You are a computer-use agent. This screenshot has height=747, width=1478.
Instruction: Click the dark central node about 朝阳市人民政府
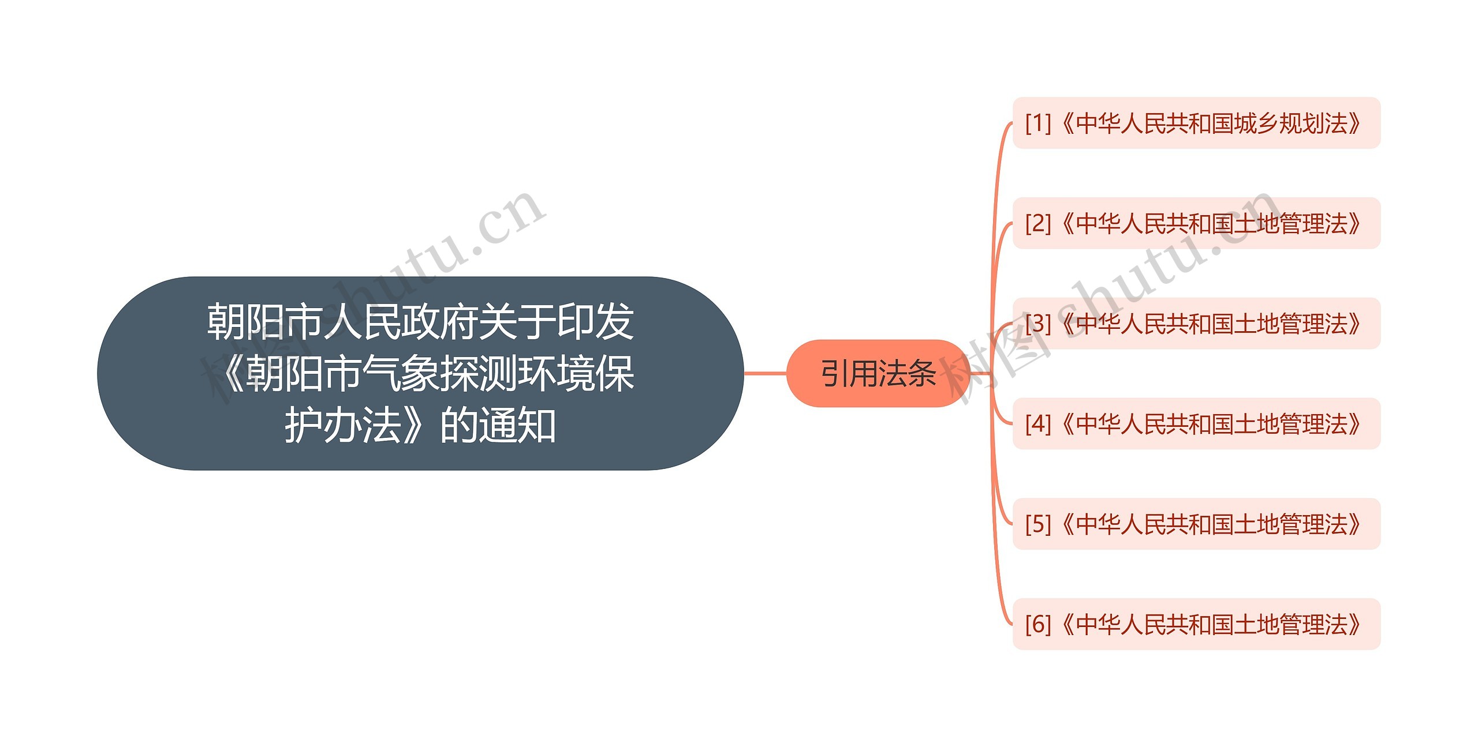coord(420,373)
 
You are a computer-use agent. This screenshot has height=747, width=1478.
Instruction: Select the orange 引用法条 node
coord(878,373)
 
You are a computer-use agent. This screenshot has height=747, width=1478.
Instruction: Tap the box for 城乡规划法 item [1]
coord(1196,123)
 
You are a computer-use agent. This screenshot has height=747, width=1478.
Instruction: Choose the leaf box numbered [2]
coord(1196,223)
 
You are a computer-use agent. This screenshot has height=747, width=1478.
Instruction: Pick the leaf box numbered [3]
coord(1196,323)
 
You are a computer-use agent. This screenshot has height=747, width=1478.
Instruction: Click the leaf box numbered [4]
coord(1196,423)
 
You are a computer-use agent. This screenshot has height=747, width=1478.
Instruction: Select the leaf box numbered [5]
coord(1196,524)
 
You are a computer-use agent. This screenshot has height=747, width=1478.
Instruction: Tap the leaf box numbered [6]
coord(1196,624)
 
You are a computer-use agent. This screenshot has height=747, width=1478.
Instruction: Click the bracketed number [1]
coord(1038,123)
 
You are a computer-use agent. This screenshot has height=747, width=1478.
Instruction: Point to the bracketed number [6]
coord(1038,624)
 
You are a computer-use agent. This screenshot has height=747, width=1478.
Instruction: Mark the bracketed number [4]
coord(1038,423)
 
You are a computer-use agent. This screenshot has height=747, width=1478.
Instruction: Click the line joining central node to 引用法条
coord(765,373)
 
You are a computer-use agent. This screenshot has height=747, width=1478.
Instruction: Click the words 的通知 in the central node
coord(498,425)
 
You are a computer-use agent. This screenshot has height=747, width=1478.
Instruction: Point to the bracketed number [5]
coord(1038,524)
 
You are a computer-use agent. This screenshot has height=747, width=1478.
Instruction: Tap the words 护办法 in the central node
coord(344,425)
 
